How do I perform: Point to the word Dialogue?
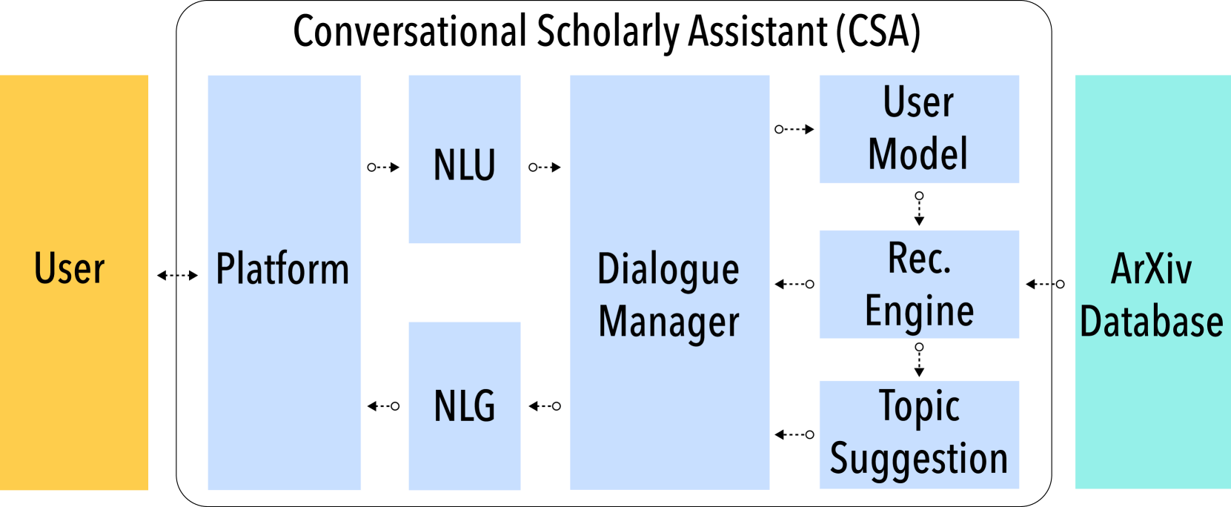pos(668,270)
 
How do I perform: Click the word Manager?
pos(668,322)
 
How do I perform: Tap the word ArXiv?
pos(1151,269)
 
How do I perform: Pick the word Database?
pos(1151,322)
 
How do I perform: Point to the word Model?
pos(918,154)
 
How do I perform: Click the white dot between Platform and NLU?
pos(371,168)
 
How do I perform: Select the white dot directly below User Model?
pos(919,196)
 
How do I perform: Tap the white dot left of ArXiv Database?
pos(1060,284)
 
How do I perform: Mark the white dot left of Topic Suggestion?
pos(809,434)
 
